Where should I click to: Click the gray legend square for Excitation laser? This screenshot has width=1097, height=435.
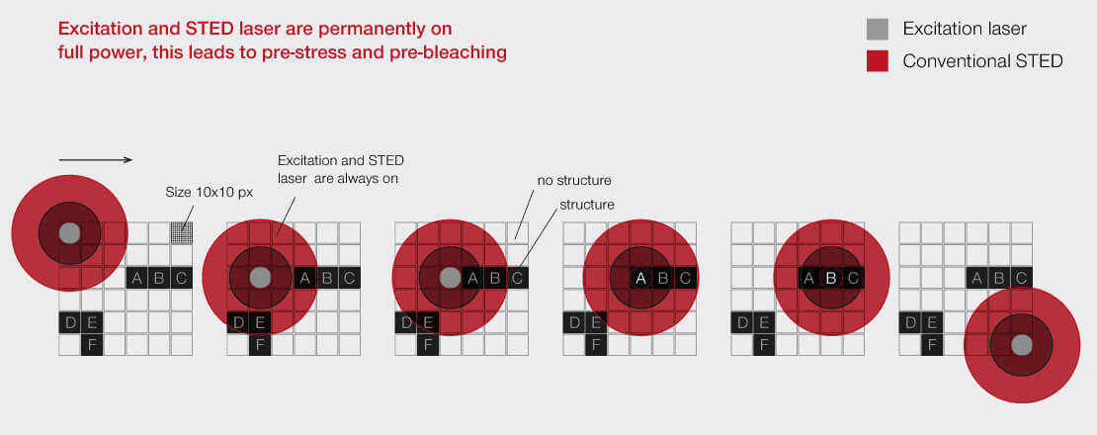[x=878, y=30]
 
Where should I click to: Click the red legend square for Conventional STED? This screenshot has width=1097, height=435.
[x=878, y=61]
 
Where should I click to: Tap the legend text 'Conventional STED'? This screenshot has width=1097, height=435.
[x=983, y=61]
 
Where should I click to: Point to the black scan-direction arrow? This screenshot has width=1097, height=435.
[x=96, y=160]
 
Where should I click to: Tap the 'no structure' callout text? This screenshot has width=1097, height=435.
[x=574, y=181]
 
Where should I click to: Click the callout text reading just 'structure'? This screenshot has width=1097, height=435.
[x=587, y=205]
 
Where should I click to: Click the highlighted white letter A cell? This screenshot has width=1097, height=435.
[x=640, y=279]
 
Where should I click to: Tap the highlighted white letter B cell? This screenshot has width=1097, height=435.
[x=831, y=279]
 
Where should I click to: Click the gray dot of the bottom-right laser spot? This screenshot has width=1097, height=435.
[x=1022, y=345]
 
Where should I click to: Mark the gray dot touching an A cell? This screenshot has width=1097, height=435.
[x=450, y=278]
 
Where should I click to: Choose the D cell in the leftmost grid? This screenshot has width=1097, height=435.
[x=70, y=322]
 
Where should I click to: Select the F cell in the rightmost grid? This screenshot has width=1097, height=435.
[x=932, y=345]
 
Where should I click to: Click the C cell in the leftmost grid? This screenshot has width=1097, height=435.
[x=181, y=279]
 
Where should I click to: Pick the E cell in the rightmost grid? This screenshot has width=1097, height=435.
[x=932, y=322]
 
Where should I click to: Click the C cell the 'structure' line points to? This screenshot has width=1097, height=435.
[x=517, y=279]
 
